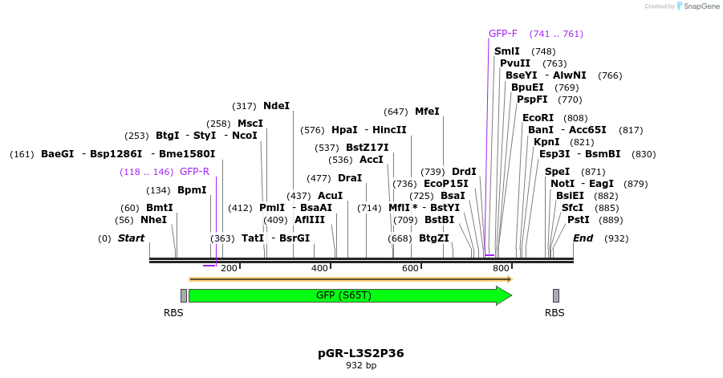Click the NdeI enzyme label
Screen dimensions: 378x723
276,106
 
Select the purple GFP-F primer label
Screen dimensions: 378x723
503,34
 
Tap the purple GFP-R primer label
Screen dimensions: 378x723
194,172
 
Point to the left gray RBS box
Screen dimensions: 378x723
184,295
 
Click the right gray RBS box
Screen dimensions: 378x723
556,295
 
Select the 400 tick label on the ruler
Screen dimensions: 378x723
319,268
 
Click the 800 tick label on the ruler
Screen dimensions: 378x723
501,268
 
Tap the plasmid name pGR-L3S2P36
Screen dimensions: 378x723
361,353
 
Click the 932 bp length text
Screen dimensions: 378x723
361,365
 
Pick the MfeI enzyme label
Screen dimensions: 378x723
427,112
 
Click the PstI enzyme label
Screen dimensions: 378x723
579,220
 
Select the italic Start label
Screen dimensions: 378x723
131,238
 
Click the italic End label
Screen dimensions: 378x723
583,238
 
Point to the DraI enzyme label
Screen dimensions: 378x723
350,178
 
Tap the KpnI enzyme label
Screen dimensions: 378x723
546,142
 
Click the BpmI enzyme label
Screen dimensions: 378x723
192,190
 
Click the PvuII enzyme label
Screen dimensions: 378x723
515,63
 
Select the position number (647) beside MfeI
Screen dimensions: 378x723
396,112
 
